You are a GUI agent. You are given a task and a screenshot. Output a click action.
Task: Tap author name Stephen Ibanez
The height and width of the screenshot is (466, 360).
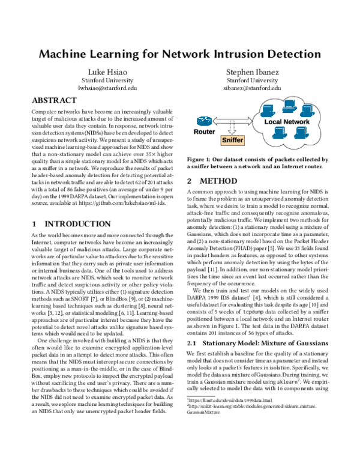[253, 71]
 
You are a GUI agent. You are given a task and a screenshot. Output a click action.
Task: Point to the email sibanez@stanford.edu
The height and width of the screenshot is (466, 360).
[253, 88]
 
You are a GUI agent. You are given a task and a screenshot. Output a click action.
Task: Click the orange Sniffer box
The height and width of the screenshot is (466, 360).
[233, 140]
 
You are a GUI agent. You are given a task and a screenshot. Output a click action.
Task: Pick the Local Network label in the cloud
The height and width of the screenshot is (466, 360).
[287, 122]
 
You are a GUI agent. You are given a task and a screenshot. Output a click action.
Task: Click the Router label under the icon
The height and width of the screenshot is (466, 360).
[205, 131]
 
